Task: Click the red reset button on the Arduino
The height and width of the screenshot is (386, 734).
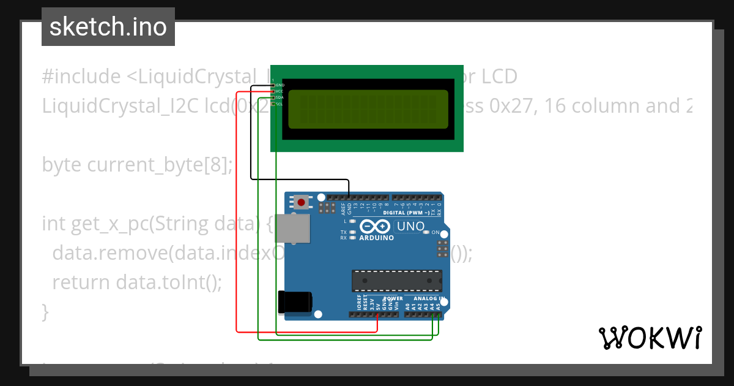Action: pyautogui.click(x=301, y=202)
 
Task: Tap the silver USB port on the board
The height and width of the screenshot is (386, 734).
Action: pyautogui.click(x=292, y=230)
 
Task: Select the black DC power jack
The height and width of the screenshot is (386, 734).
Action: pyautogui.click(x=295, y=301)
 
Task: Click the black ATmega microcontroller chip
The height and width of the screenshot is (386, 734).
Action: pyautogui.click(x=396, y=280)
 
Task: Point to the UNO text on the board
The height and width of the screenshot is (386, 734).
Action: pyautogui.click(x=410, y=226)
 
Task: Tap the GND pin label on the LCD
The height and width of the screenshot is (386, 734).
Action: pyautogui.click(x=280, y=85)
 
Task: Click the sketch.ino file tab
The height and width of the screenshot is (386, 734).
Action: pyautogui.click(x=108, y=27)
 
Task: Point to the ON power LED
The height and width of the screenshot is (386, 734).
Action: pyautogui.click(x=436, y=233)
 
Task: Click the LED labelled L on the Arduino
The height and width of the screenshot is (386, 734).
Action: pyautogui.click(x=352, y=221)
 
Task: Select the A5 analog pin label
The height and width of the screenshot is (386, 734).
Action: pyautogui.click(x=439, y=305)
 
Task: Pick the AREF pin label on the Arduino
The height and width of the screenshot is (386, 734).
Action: pyautogui.click(x=343, y=209)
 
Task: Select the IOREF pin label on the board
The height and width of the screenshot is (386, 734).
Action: pyautogui.click(x=359, y=302)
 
